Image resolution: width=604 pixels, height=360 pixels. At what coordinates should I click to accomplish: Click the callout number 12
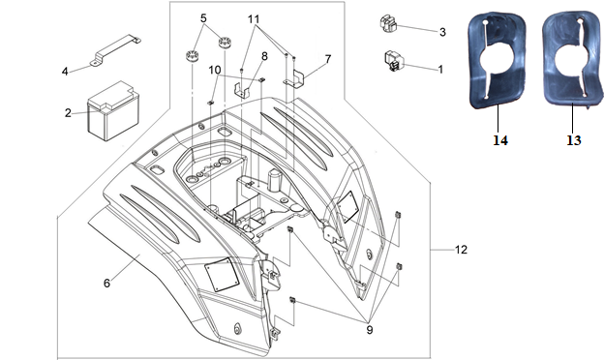pyautogui.click(x=461, y=250)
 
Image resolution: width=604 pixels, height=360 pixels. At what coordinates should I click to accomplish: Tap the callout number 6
pyautogui.click(x=106, y=283)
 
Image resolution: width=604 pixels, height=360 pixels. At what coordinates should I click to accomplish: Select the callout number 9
pyautogui.click(x=370, y=330)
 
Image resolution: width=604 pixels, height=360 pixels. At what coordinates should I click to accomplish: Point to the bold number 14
pyautogui.click(x=500, y=140)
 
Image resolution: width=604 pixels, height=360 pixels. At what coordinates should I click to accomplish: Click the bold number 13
pyautogui.click(x=574, y=140)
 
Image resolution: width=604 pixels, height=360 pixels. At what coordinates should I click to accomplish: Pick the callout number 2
pyautogui.click(x=68, y=113)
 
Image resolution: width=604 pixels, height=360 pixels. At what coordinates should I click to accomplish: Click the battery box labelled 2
pyautogui.click(x=113, y=111)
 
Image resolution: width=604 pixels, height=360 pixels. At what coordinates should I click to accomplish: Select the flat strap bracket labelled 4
pyautogui.click(x=115, y=50)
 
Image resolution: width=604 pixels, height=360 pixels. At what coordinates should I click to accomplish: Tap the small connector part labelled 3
pyautogui.click(x=389, y=23)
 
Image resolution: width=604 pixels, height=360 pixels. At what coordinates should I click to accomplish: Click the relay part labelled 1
pyautogui.click(x=394, y=62)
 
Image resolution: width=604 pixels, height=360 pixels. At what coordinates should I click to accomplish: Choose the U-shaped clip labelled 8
pyautogui.click(x=242, y=92)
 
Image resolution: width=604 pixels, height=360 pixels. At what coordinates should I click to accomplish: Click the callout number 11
pyautogui.click(x=254, y=18)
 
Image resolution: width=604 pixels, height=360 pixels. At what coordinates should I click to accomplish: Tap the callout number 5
pyautogui.click(x=203, y=18)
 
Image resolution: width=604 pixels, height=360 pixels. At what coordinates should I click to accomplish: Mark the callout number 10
pyautogui.click(x=215, y=70)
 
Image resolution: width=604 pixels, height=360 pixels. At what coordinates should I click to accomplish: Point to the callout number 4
pyautogui.click(x=65, y=72)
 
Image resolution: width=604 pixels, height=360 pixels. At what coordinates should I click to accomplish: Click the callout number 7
pyautogui.click(x=328, y=59)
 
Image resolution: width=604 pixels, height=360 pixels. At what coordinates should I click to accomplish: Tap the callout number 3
pyautogui.click(x=442, y=32)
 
